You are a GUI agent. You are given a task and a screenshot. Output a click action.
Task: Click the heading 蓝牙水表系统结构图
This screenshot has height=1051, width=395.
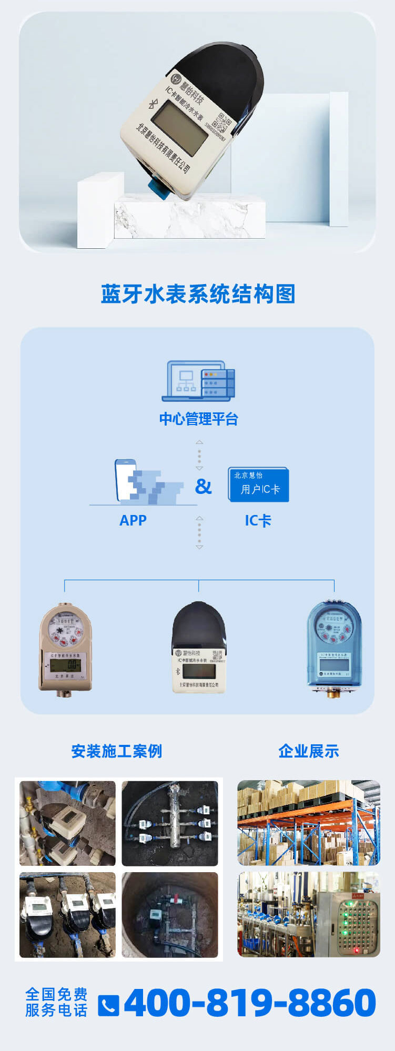pyautogui.click(x=198, y=294)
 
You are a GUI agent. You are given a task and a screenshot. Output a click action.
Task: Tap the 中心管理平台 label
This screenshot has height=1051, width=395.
pyautogui.click(x=199, y=419)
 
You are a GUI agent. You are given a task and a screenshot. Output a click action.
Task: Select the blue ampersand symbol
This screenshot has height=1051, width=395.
pyautogui.click(x=204, y=487)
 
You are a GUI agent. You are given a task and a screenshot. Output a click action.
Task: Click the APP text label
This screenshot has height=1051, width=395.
pyautogui.click(x=133, y=520)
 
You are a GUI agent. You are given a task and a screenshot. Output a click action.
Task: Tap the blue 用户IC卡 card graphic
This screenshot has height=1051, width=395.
pyautogui.click(x=258, y=484)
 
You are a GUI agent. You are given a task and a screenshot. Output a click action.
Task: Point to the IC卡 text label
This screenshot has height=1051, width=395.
pyautogui.click(x=258, y=521)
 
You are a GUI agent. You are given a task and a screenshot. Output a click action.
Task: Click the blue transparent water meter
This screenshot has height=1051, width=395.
pyautogui.click(x=334, y=647)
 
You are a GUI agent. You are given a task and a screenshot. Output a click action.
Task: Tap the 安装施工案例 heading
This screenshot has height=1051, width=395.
pyautogui.click(x=117, y=751)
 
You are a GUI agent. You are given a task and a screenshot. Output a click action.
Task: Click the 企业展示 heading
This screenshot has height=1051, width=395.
pyautogui.click(x=309, y=751)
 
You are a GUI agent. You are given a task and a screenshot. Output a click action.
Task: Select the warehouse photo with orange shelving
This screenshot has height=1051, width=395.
pyautogui.click(x=309, y=823)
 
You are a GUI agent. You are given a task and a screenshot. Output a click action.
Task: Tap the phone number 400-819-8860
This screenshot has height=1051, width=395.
pyautogui.click(x=250, y=1003)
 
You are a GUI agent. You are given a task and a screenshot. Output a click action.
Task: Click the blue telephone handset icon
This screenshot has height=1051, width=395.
pyautogui.click(x=108, y=1005)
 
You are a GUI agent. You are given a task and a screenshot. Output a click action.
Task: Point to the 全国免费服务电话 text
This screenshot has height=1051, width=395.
pyautogui.click(x=56, y=1002)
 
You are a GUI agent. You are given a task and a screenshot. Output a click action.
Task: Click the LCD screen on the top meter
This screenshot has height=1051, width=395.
pyautogui.click(x=182, y=127)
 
